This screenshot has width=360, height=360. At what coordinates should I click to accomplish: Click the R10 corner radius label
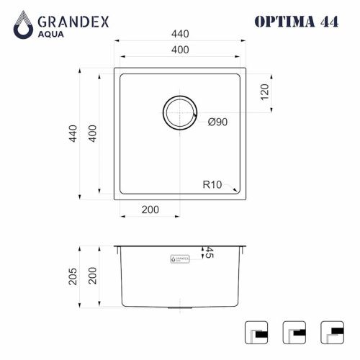212,185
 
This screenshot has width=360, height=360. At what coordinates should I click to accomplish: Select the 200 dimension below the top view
150,210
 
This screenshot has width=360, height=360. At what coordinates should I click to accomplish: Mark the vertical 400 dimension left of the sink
91,132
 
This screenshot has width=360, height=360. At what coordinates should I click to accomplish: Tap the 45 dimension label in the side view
210,253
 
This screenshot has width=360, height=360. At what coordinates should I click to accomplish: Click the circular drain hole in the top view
180,113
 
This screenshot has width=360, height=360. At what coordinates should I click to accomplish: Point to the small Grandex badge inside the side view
180,257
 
